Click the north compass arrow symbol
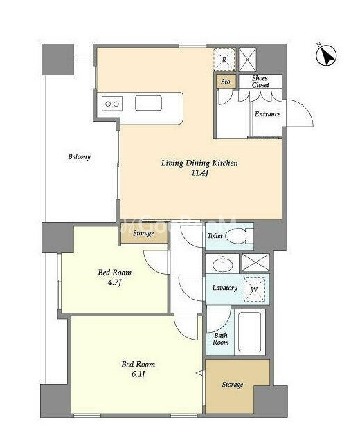[x=326, y=55]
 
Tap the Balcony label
[x=80, y=157]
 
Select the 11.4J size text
[x=199, y=173]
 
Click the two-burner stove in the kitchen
[x=112, y=104]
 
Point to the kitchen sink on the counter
[x=148, y=103]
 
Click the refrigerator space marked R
[x=224, y=60]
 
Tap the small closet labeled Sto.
[x=226, y=82]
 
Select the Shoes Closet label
[x=260, y=82]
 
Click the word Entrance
[x=267, y=114]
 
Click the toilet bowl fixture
[x=239, y=237]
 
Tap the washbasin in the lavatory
[x=222, y=264]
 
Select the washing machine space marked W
[x=254, y=289]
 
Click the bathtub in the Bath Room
[x=250, y=332]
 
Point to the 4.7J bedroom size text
[x=114, y=283]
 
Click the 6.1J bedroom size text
[x=138, y=374]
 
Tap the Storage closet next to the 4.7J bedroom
[x=144, y=233]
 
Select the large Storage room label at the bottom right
[x=233, y=385]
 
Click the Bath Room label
[x=221, y=338]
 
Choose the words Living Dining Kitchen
[x=199, y=163]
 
